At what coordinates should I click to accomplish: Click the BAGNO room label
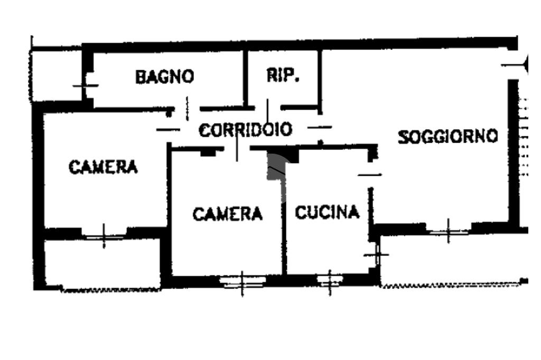tap(164, 77)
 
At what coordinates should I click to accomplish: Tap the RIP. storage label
tap(283, 76)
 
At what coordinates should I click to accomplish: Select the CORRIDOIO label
tap(245, 130)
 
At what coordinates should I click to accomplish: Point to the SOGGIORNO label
tap(447, 137)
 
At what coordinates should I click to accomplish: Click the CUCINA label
tap(327, 212)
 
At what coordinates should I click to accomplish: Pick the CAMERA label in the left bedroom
tap(103, 167)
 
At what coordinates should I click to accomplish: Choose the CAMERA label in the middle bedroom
tap(227, 214)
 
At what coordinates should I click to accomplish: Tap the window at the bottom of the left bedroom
tap(104, 235)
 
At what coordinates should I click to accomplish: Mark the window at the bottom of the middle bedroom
tap(242, 282)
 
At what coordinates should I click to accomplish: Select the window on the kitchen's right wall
tap(377, 255)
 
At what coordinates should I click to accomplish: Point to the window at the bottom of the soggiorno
tap(449, 230)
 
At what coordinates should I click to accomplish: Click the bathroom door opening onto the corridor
tap(186, 108)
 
